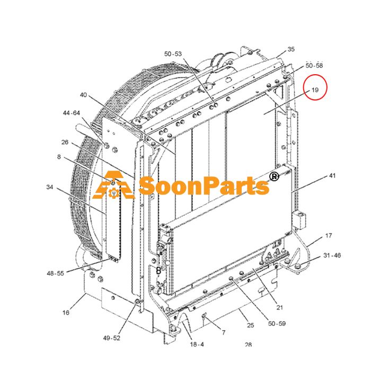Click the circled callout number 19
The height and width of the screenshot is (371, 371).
pos(315,90)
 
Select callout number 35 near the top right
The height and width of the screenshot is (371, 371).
pos(291,49)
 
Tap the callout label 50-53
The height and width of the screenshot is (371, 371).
pos(173,54)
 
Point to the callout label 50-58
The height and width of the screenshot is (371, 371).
pos(314,66)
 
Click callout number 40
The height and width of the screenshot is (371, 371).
pos(83,95)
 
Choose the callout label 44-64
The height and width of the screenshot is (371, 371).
pos(72,113)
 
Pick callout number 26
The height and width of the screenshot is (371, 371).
pos(65,142)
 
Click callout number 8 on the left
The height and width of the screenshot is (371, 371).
pos(59,157)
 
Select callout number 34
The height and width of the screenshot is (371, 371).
pos(50,187)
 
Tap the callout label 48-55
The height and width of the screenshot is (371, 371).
pos(55,273)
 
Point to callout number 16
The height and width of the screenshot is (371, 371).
pos(66,313)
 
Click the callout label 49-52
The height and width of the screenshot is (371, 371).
pos(112,338)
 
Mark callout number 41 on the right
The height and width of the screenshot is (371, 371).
pos(332,176)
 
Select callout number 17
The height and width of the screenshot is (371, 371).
pos(329,236)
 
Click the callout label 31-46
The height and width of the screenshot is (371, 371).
pos(332,255)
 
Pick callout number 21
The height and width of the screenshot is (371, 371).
pos(280,307)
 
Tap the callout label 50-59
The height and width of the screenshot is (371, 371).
pos(277,323)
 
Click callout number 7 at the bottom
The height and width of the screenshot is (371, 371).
pos(224,333)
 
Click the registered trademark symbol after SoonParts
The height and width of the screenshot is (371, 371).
pos(274,176)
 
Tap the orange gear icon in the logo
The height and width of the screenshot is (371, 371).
pos(114,193)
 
